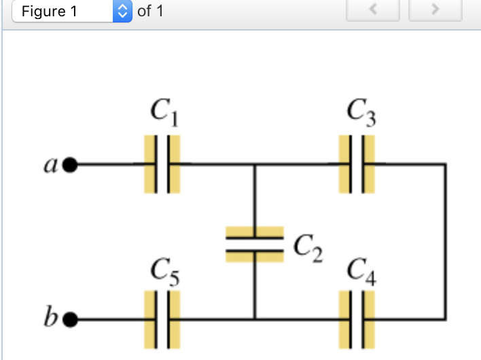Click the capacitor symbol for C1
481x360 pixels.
click(x=162, y=164)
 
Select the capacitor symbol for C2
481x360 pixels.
click(x=255, y=243)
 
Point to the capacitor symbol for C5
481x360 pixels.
click(x=162, y=318)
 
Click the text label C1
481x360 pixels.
click(x=164, y=113)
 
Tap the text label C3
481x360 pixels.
click(x=361, y=113)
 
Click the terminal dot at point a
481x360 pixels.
click(x=70, y=164)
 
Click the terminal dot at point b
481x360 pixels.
click(x=70, y=318)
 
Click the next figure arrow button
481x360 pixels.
click(x=436, y=10)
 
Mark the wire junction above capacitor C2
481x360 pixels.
click(x=255, y=164)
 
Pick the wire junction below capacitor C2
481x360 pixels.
click(x=255, y=318)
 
